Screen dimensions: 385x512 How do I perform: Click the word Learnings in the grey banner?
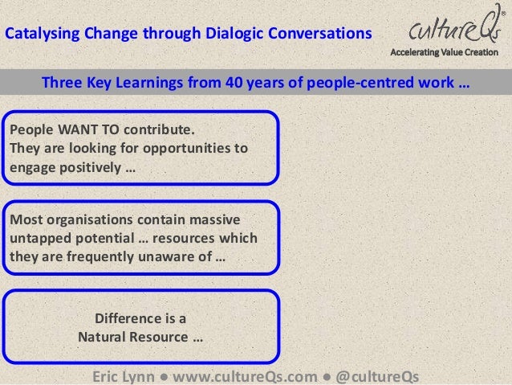pyautogui.click(x=164, y=83)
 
